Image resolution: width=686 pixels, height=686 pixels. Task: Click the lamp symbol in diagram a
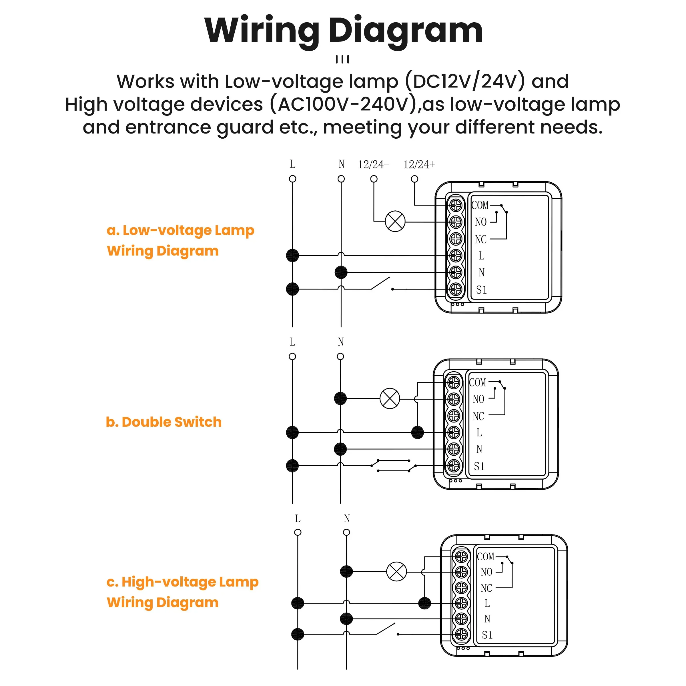coord(395,221)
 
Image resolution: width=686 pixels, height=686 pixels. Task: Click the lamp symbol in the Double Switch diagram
coord(390,398)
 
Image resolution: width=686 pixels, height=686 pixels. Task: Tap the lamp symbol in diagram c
coord(396,571)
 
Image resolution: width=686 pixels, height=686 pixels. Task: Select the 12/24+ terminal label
coord(419,164)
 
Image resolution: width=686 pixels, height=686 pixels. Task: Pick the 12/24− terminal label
coord(373,164)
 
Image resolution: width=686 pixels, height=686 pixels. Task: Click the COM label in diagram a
coord(480,205)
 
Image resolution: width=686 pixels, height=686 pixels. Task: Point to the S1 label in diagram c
coord(487,635)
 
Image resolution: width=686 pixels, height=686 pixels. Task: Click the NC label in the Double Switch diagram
coord(478,416)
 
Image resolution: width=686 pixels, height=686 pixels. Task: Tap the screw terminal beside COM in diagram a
coord(456,205)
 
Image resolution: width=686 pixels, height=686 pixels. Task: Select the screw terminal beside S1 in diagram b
coord(453,466)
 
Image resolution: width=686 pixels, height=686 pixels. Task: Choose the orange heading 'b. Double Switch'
coord(164,422)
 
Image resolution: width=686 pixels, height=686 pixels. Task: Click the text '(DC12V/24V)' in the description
coord(465,81)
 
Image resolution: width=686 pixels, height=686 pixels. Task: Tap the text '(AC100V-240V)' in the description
coord(343,104)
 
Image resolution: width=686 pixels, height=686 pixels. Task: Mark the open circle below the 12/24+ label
coord(414,179)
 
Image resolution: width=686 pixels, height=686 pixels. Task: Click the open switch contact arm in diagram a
coord(380,283)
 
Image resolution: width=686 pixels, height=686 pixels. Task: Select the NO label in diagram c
coord(486,572)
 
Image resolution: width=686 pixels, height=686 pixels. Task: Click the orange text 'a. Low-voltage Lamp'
coord(180,230)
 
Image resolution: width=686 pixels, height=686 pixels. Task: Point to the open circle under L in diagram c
coord(298,532)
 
